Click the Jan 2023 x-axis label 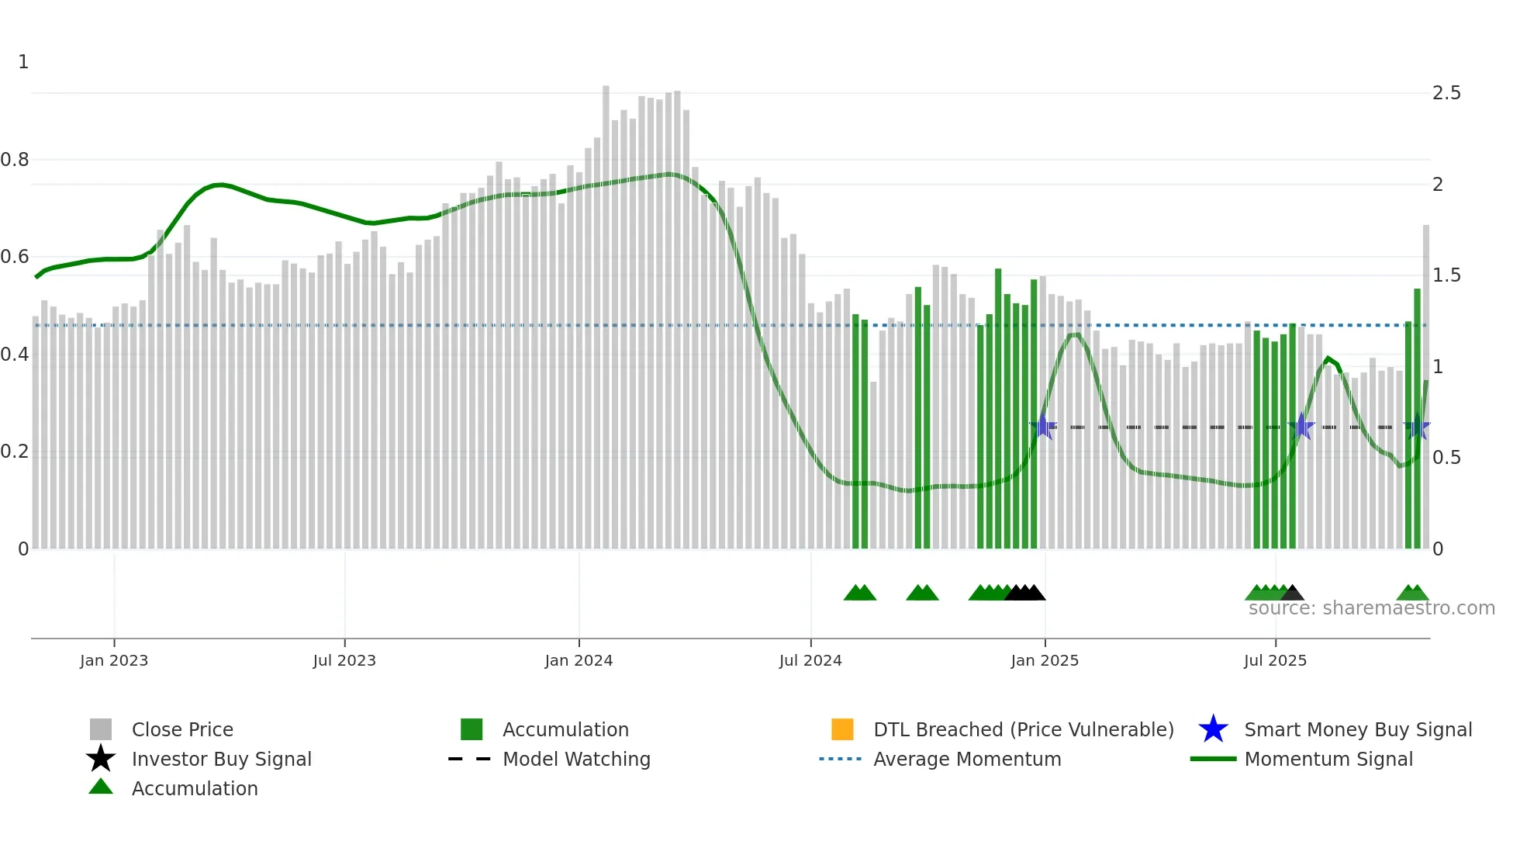(113, 660)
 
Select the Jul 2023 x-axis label (344, 660)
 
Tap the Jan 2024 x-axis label (579, 660)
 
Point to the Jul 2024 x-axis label (810, 660)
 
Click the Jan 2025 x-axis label (1045, 660)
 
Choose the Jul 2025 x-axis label (1275, 660)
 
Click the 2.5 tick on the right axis (1446, 93)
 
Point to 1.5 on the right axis (1446, 275)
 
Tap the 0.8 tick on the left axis (15, 160)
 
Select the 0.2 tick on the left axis (15, 452)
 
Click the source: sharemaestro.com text (1371, 608)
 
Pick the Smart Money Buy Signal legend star (1213, 729)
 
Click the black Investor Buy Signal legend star (101, 759)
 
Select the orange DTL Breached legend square (842, 729)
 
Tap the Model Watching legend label (576, 759)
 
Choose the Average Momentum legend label (967, 759)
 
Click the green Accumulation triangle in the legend (101, 787)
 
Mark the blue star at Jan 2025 (1044, 427)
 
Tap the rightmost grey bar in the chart (1425, 310)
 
